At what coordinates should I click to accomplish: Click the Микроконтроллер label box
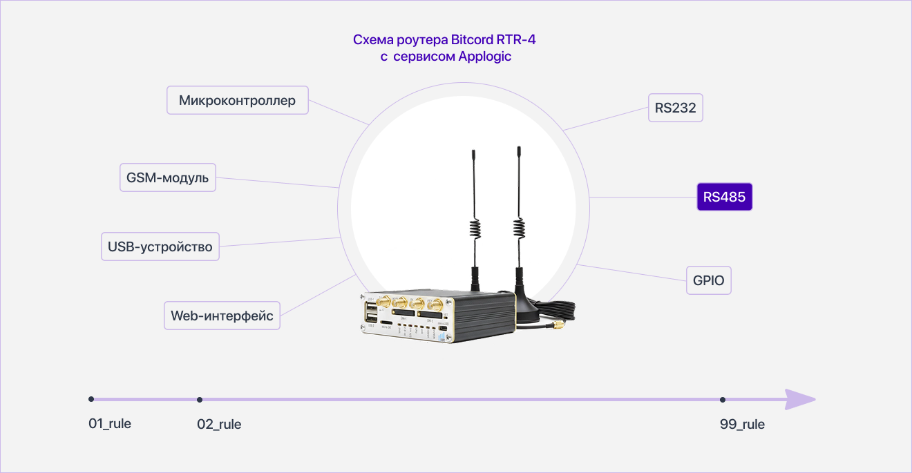[x=237, y=101]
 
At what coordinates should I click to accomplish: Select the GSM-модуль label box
[x=167, y=177]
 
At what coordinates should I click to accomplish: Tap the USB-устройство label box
[x=160, y=247]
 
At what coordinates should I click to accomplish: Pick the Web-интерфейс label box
[x=222, y=316]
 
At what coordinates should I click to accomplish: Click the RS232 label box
[x=675, y=108]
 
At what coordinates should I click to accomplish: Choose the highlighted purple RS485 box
[x=724, y=197]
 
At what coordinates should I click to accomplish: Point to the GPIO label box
[x=708, y=281]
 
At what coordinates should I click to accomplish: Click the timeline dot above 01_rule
[x=91, y=399]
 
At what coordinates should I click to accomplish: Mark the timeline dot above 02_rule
[x=200, y=399]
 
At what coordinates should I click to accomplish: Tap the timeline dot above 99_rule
[x=723, y=399]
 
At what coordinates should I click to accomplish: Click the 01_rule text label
[x=110, y=423]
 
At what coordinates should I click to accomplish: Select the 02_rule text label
[x=219, y=424]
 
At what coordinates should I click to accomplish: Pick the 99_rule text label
[x=742, y=424]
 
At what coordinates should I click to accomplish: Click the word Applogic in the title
[x=484, y=57]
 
